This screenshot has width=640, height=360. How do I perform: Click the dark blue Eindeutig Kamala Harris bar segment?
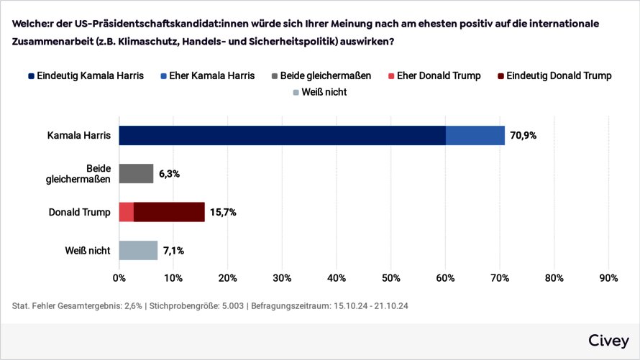(282, 135)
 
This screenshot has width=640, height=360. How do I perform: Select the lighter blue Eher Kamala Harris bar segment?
(475, 135)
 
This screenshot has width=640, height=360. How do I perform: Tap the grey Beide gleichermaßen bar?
(136, 173)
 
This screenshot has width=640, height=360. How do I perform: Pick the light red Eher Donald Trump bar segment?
(126, 212)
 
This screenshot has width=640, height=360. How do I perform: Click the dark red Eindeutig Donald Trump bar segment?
(170, 212)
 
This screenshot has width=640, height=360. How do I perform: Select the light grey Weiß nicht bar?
(138, 250)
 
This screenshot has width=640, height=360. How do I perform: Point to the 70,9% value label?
(524, 135)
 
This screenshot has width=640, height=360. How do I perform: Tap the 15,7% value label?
(223, 212)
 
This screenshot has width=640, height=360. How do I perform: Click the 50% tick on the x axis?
(391, 277)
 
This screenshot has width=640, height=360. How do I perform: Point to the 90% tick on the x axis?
(608, 277)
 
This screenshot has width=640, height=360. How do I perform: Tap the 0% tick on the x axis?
(119, 277)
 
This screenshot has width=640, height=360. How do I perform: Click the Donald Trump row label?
(79, 212)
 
